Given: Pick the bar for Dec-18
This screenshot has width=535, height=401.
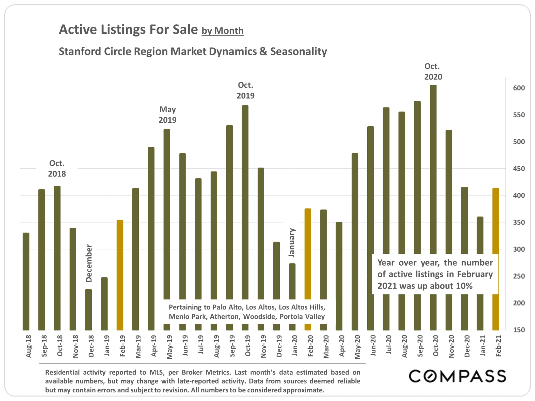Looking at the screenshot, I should coord(88,309).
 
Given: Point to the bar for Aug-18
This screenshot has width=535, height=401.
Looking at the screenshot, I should coord(26,281).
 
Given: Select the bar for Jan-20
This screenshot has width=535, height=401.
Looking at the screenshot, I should coord(292,281).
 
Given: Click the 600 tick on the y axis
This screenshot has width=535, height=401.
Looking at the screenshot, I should coord(519,88).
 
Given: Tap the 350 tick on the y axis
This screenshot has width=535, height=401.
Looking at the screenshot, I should coord(519,222).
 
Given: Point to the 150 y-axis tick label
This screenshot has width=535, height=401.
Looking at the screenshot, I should coord(519,330).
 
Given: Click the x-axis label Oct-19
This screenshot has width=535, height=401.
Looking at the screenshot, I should coord(248,346).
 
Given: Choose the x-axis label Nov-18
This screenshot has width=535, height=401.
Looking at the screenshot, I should coord(75,346).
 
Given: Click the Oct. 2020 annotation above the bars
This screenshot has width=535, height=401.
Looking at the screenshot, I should coord(433,72).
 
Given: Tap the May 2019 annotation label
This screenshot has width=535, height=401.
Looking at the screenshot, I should coord(167,115).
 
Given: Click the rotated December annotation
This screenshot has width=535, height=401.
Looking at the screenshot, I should coord(89,263).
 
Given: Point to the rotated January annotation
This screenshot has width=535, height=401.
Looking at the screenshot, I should coord(291,242).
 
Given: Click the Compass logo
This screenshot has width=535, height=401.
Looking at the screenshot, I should coord(457,376).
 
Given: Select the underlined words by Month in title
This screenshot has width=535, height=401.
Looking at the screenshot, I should coord(222,31).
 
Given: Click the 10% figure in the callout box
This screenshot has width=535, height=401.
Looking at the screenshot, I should coord(464,286).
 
